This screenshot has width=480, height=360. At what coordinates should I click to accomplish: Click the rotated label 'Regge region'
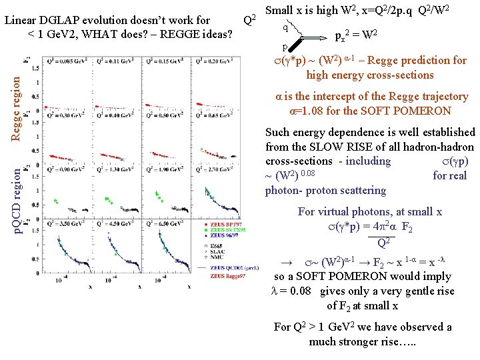coord(16,107)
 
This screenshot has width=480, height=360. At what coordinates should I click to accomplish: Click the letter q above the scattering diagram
coord(285,27)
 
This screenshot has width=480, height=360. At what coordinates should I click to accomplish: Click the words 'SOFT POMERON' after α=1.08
coord(415,111)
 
